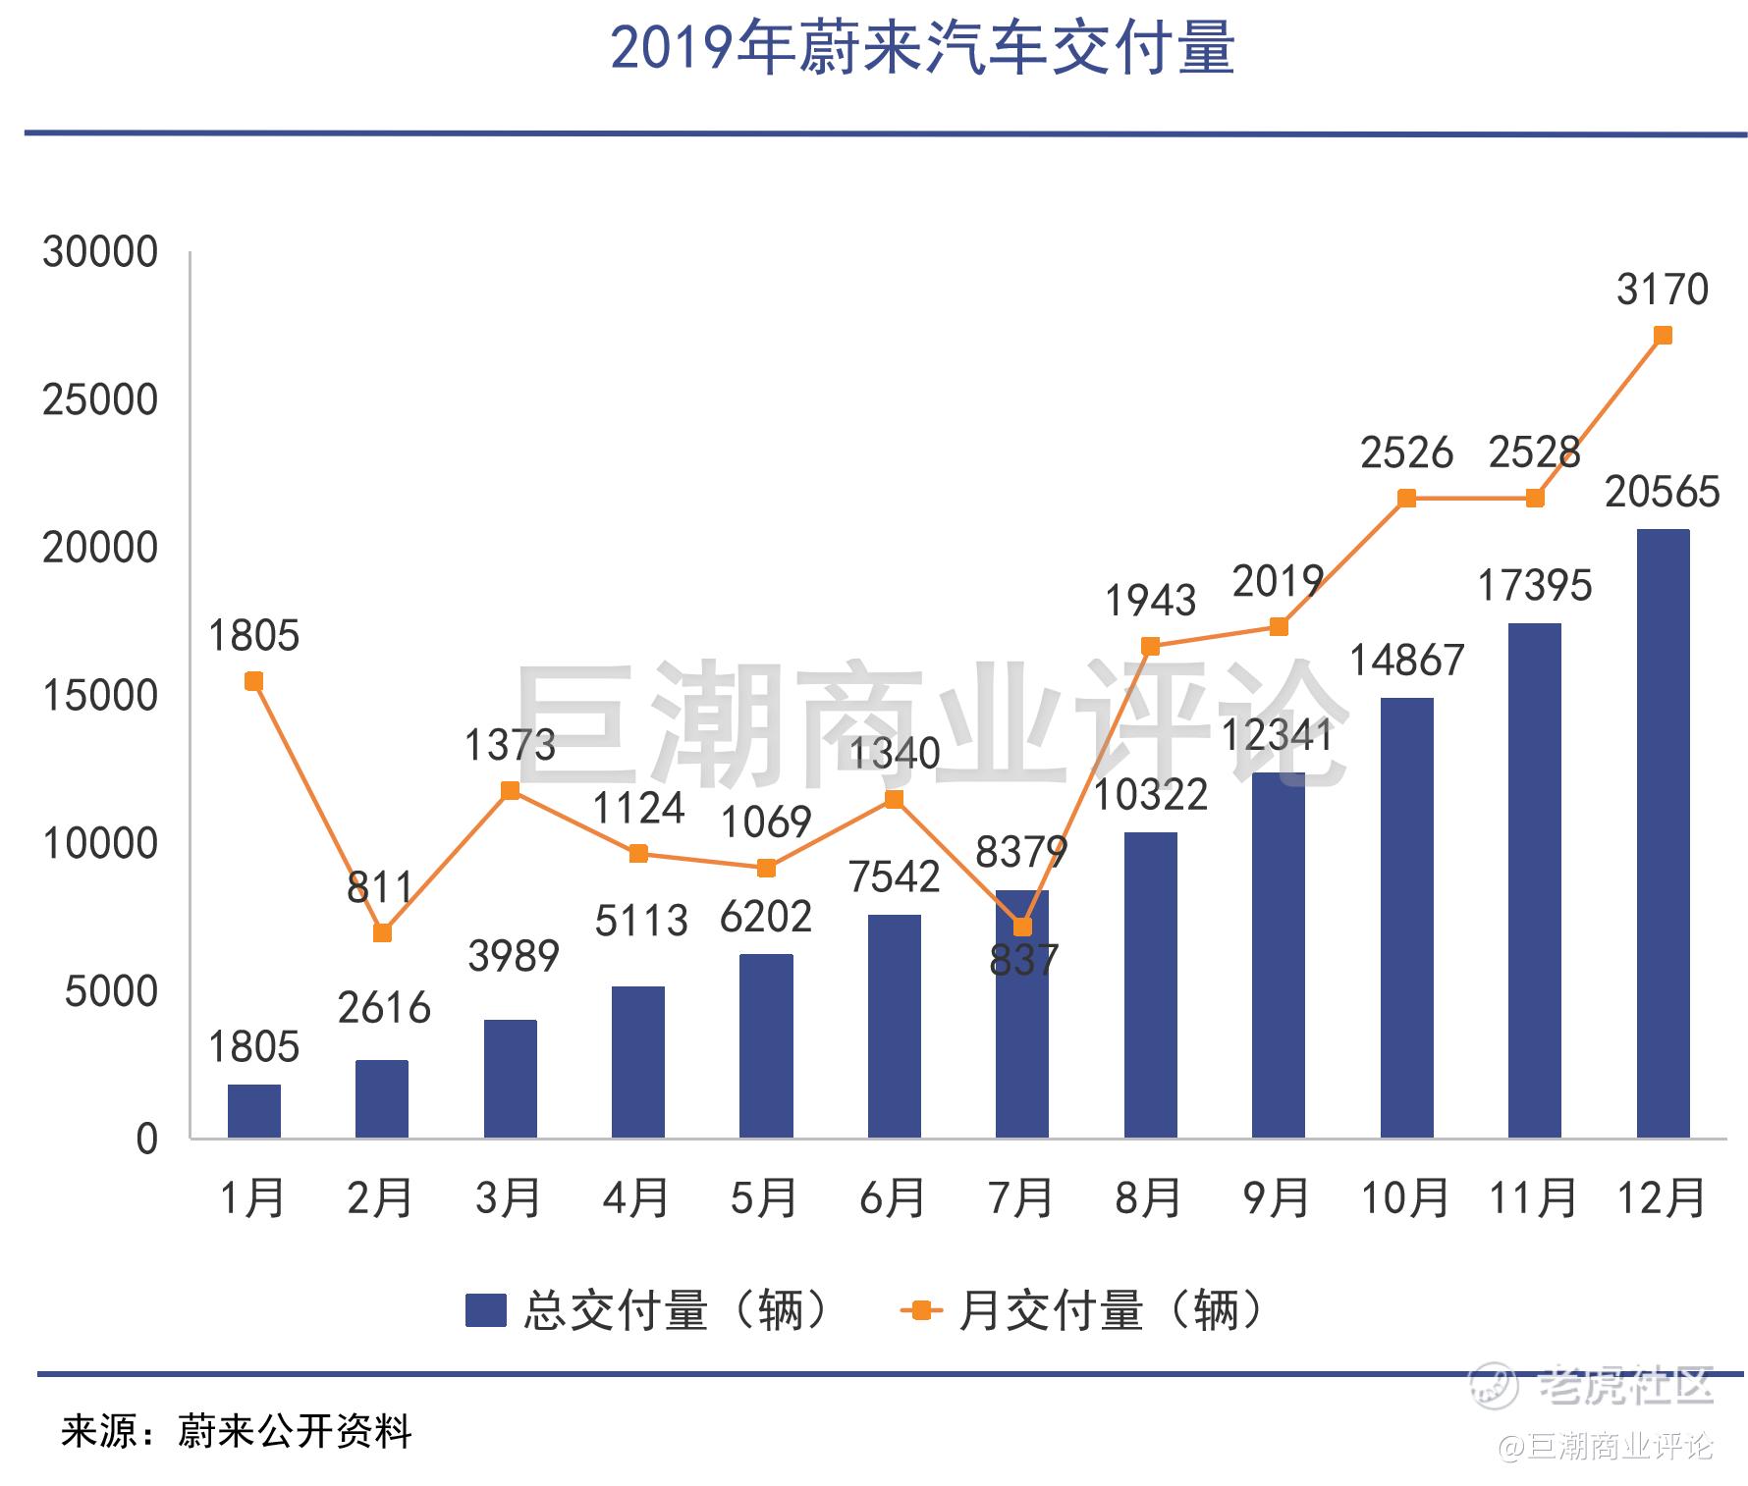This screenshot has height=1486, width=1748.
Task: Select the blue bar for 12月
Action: tap(1663, 833)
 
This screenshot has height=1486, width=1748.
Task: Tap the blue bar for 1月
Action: tap(253, 1111)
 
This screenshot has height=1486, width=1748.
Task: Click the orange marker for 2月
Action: tap(382, 932)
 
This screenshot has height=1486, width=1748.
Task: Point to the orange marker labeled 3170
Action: tap(1663, 336)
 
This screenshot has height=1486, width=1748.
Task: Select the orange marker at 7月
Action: tap(1022, 927)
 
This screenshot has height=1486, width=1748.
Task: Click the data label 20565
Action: tap(1663, 492)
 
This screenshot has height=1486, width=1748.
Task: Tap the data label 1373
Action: tap(510, 746)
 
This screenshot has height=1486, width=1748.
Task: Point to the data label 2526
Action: tap(1406, 453)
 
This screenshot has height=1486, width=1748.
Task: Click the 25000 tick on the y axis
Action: tap(99, 400)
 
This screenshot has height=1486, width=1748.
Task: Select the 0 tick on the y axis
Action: tap(146, 1140)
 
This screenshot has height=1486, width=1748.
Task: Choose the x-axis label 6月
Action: tap(893, 1198)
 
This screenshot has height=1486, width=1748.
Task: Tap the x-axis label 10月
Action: tap(1405, 1198)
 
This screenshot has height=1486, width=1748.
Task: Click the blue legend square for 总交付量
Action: tap(485, 1310)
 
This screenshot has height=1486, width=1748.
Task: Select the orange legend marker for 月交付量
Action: tap(921, 1310)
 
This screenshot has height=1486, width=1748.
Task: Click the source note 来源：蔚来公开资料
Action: tap(237, 1432)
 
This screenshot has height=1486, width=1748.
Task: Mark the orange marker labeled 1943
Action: tap(1150, 646)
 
